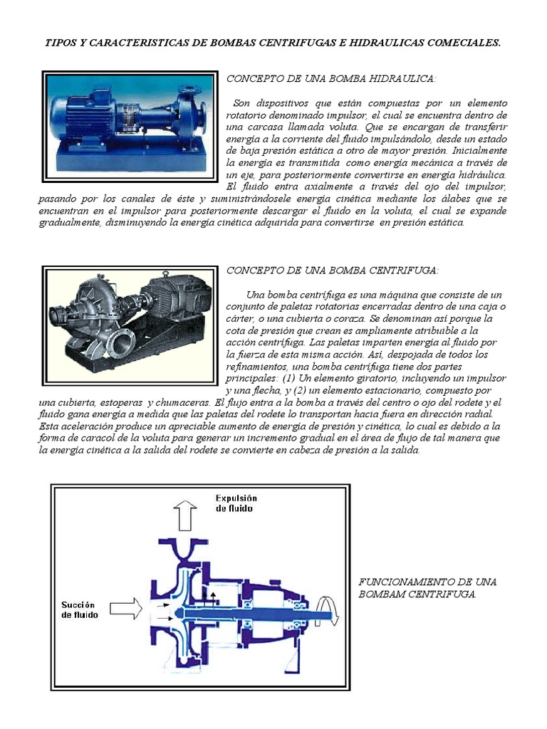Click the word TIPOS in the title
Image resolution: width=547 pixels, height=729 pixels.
[x=63, y=43]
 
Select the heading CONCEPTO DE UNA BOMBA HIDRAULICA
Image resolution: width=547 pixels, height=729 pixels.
[x=331, y=78]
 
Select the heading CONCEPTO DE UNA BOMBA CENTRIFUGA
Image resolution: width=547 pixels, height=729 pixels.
[x=332, y=271]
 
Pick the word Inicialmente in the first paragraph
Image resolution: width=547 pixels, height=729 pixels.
[x=479, y=151]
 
